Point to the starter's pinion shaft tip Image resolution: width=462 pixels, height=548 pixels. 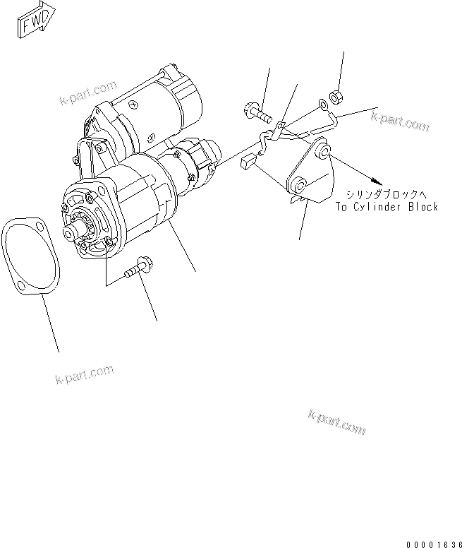(x=70, y=232)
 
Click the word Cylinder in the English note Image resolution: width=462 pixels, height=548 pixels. (x=378, y=207)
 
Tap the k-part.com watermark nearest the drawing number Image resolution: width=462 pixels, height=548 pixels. (x=337, y=422)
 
